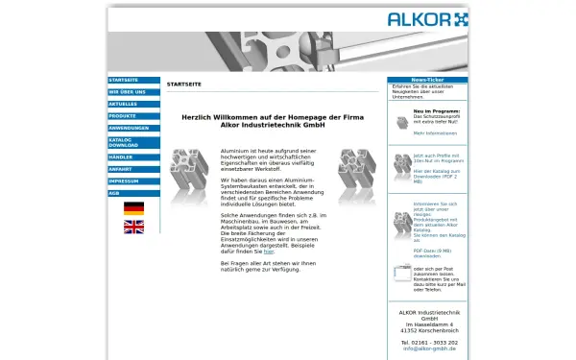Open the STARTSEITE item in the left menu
tap(133, 80)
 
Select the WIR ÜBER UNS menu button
tap(133, 92)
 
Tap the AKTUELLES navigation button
tap(133, 104)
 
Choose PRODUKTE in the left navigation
tap(133, 116)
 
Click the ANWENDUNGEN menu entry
tap(133, 128)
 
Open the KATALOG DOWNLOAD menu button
tap(133, 142)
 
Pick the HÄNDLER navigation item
tap(133, 156)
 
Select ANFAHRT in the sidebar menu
tap(133, 169)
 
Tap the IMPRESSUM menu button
tap(133, 180)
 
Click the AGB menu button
tap(133, 193)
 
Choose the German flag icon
tap(133, 208)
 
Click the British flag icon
tap(133, 227)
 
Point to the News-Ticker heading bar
tap(427, 80)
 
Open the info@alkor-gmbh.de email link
tap(428, 348)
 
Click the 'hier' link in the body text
tap(242, 251)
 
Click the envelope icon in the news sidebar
tap(402, 274)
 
